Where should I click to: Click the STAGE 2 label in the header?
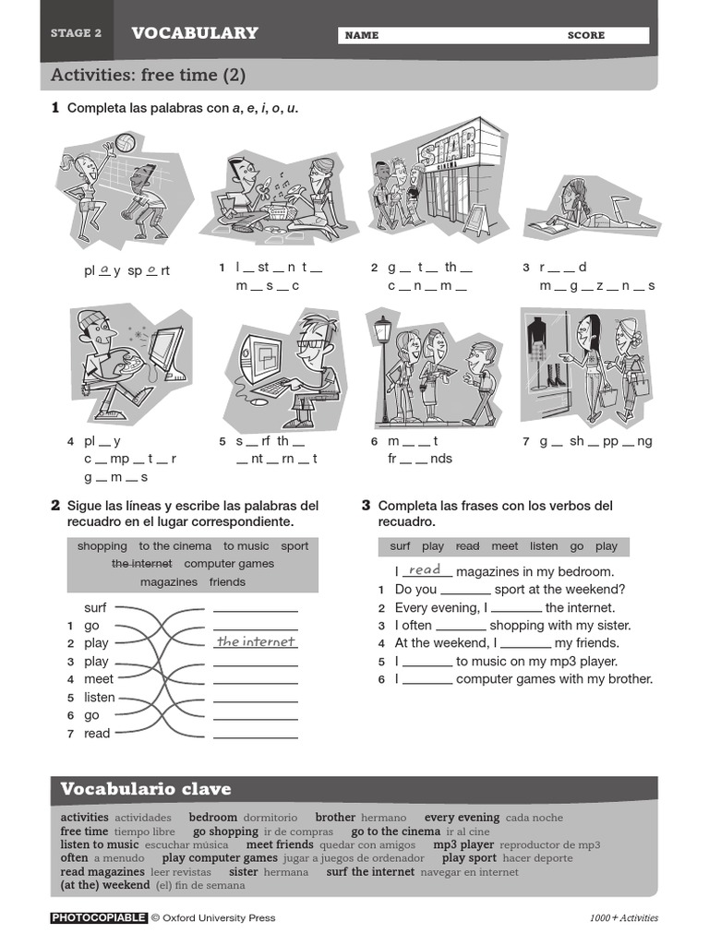click(x=76, y=33)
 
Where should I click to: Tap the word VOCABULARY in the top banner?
click(x=194, y=33)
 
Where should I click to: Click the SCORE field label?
click(x=585, y=35)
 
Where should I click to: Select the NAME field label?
click(x=361, y=35)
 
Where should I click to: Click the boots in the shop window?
click(x=556, y=376)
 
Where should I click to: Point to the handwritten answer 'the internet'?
click(x=256, y=641)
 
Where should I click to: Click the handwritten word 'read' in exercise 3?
click(x=425, y=570)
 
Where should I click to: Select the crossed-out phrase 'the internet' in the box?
click(x=141, y=564)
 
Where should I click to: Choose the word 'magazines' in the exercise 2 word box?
click(x=169, y=582)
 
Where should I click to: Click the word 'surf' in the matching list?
click(x=96, y=607)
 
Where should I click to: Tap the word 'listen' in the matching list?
click(x=100, y=698)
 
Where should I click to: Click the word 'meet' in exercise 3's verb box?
click(x=504, y=546)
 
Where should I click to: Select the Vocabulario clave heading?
click(x=146, y=789)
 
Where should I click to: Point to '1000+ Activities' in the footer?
click(x=624, y=918)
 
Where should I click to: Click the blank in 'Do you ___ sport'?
click(x=465, y=590)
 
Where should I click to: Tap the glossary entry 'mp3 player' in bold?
click(x=463, y=844)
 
